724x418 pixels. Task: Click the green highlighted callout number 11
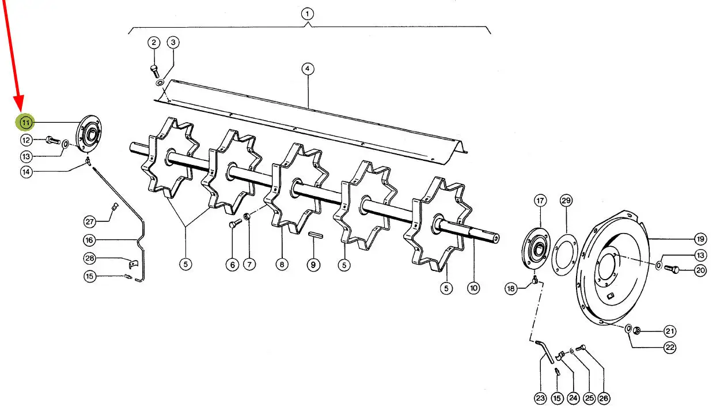point(26,122)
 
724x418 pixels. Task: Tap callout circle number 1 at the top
point(308,13)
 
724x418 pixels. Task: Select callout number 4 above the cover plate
point(308,69)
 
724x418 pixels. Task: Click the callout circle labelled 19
point(700,239)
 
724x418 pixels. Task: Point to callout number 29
point(566,201)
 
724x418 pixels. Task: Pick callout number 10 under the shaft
point(473,287)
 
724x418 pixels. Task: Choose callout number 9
point(313,265)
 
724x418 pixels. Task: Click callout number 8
point(281,265)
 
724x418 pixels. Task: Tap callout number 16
point(89,239)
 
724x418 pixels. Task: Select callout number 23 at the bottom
point(540,398)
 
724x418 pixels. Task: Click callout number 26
point(603,398)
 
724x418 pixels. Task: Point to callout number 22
point(669,348)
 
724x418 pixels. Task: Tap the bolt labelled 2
point(154,69)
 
